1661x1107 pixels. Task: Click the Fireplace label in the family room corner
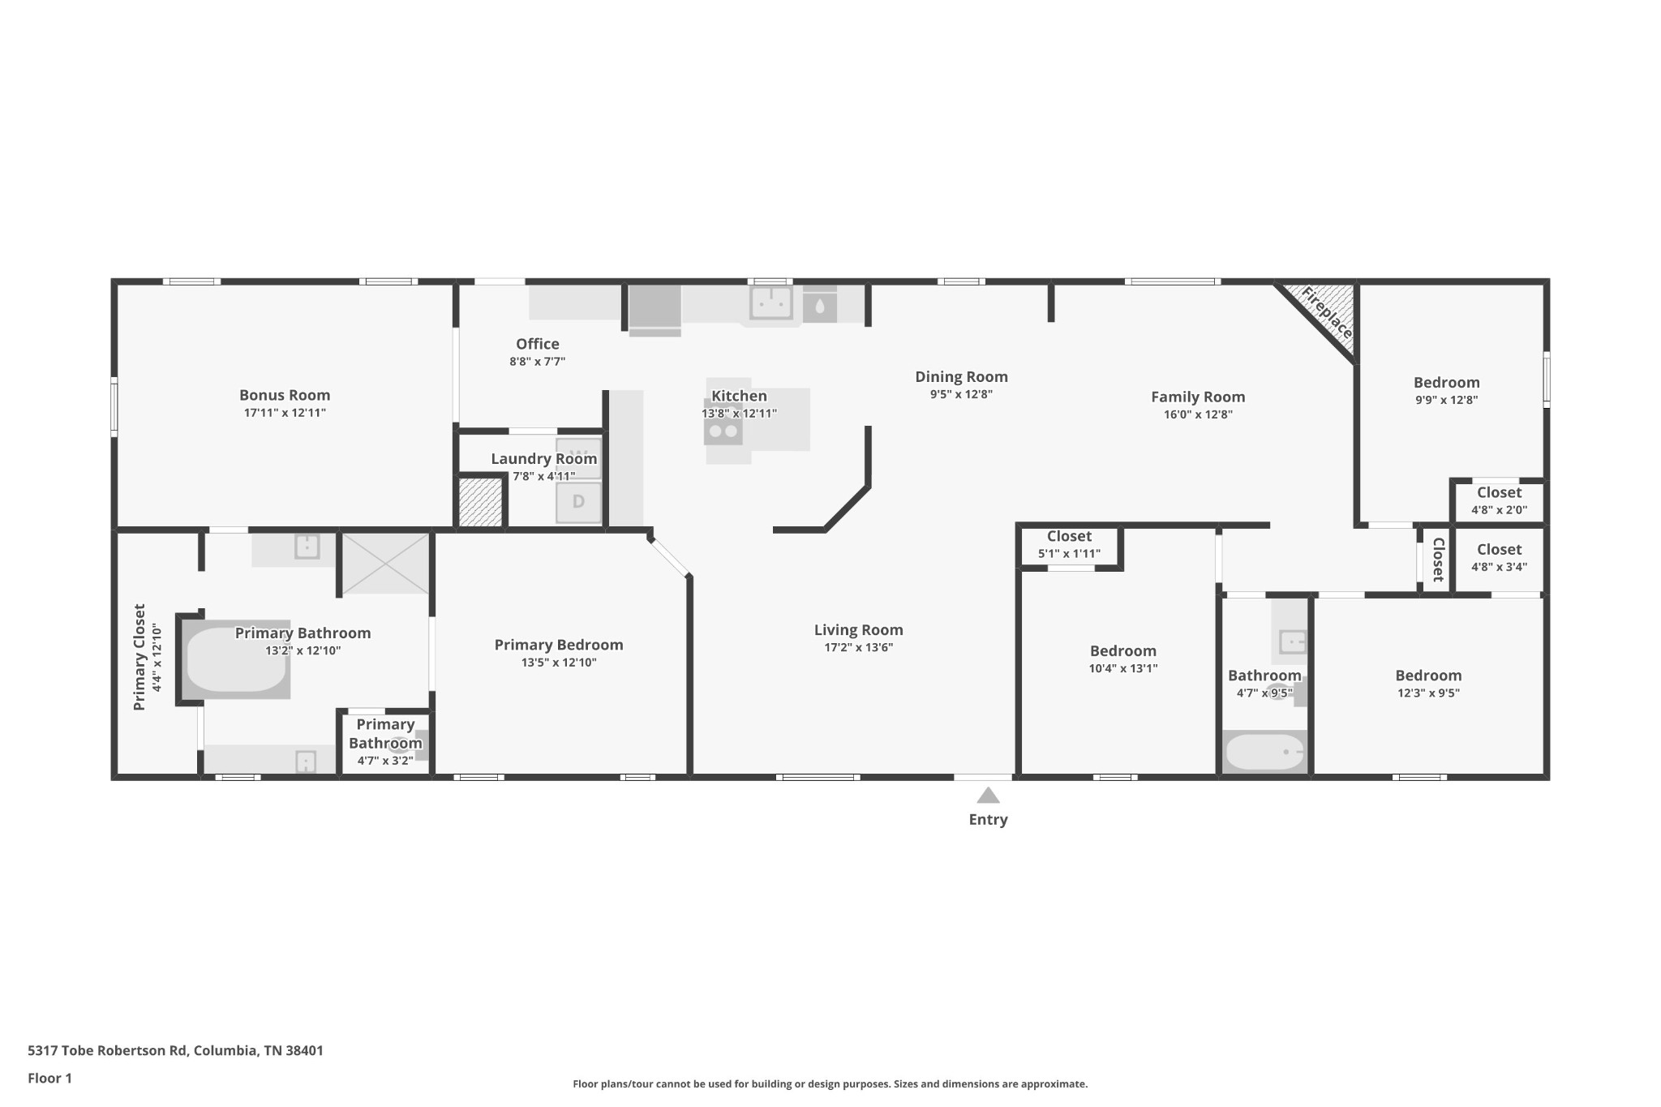1327,314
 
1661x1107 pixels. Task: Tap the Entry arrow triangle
988,796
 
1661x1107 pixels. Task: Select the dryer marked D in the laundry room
578,502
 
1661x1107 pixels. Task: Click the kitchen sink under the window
770,303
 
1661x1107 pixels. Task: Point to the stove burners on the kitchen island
723,431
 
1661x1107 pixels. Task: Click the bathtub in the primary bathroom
236,659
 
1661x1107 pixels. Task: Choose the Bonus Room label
285,395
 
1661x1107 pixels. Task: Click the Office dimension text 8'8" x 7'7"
537,362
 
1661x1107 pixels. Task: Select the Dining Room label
961,376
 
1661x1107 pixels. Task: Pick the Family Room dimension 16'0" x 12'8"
1198,414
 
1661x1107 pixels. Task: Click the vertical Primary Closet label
139,657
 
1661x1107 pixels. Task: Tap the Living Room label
858,630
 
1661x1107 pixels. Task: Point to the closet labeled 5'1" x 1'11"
1069,546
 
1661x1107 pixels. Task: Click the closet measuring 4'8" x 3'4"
1499,560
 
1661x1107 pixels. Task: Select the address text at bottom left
175,1050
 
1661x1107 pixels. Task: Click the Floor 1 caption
49,1078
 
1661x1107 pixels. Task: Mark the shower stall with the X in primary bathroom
385,563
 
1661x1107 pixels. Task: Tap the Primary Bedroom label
559,645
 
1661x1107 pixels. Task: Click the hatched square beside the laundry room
481,503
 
